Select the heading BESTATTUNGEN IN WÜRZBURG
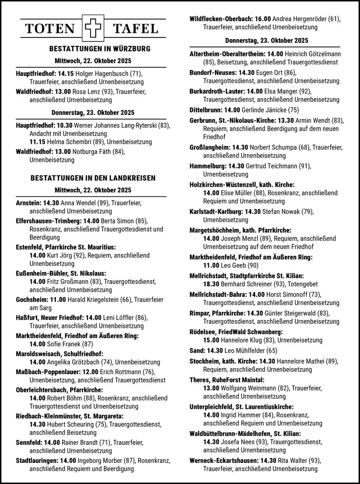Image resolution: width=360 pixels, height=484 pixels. (x=93, y=49)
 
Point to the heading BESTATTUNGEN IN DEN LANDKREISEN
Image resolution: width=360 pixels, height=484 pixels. (x=93, y=178)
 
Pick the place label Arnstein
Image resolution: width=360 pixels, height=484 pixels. (x=28, y=202)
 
